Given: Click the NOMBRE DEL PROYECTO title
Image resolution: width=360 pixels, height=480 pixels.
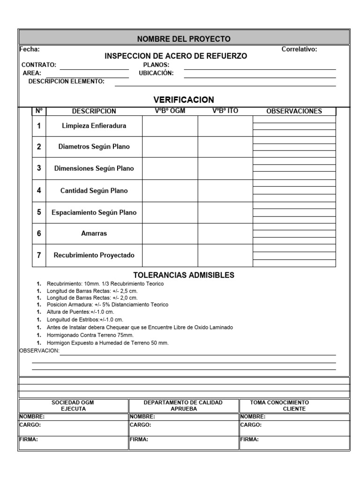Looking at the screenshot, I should click(x=183, y=38).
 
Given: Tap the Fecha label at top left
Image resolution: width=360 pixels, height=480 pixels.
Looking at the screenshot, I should click(x=30, y=49).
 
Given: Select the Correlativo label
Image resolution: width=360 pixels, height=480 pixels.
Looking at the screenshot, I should click(x=299, y=49).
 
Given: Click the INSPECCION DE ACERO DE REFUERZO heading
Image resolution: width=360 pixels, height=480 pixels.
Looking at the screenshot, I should click(x=175, y=56).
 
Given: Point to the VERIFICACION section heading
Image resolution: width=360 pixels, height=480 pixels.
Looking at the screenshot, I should click(x=183, y=100).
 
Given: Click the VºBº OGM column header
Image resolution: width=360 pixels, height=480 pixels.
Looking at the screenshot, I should click(x=170, y=111).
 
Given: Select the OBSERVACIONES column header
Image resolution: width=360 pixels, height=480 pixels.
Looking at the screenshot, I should click(x=294, y=111).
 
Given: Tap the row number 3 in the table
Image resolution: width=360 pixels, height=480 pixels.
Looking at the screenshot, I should click(x=39, y=168).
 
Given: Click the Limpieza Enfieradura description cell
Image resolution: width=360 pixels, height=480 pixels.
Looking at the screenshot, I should click(x=94, y=126).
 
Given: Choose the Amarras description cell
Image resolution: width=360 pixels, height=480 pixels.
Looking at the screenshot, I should click(x=94, y=233).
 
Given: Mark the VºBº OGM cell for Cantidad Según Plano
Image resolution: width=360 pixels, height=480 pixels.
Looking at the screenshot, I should click(x=170, y=191).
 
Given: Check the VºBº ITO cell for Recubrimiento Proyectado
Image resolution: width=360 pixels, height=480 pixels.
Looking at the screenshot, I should click(x=225, y=255).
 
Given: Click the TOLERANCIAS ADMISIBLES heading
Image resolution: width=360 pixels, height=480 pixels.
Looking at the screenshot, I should click(x=184, y=275).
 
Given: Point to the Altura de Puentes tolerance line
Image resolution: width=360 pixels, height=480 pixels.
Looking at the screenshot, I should click(x=80, y=311).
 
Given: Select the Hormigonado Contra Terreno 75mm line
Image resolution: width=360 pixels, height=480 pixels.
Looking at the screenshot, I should click(x=90, y=335).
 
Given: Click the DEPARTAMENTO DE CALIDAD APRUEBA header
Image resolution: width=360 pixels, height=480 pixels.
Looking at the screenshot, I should click(x=183, y=405).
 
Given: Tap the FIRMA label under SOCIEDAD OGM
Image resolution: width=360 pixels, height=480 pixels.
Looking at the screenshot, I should click(x=29, y=440).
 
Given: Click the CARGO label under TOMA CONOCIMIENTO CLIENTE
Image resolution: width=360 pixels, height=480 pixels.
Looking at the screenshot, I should click(x=251, y=425).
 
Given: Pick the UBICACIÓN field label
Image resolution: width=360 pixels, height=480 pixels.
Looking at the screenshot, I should click(x=156, y=73).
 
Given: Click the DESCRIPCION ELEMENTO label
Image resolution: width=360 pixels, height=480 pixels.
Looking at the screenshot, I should click(x=66, y=81).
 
